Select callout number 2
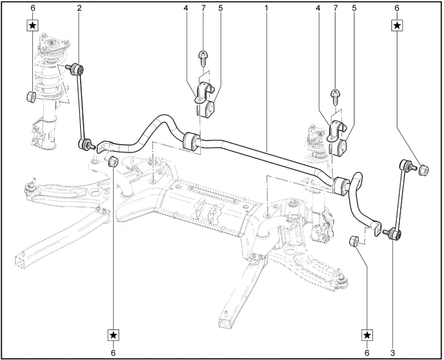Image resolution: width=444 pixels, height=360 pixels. coord(79,8)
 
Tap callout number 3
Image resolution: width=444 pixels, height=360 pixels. coord(392,351)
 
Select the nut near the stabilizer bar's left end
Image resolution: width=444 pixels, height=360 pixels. coord(114,160)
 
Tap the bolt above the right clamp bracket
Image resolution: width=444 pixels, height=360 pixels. coord(334,94)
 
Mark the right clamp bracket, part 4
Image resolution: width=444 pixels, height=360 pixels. coord(334,132)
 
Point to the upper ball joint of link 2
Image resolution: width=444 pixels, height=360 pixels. coord(78,70)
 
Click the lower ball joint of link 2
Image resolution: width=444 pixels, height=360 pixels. coord(86,143)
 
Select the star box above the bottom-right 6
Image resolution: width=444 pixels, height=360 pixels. coord(367,335)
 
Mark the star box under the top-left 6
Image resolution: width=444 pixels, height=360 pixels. coord(33,25)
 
